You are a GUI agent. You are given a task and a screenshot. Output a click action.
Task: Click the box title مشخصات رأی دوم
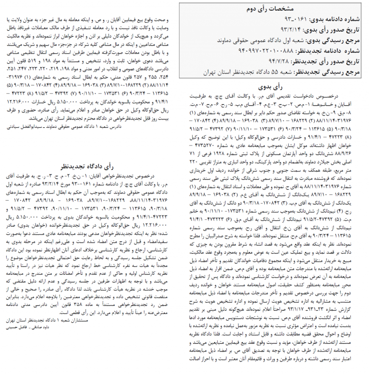click(271, 9)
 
